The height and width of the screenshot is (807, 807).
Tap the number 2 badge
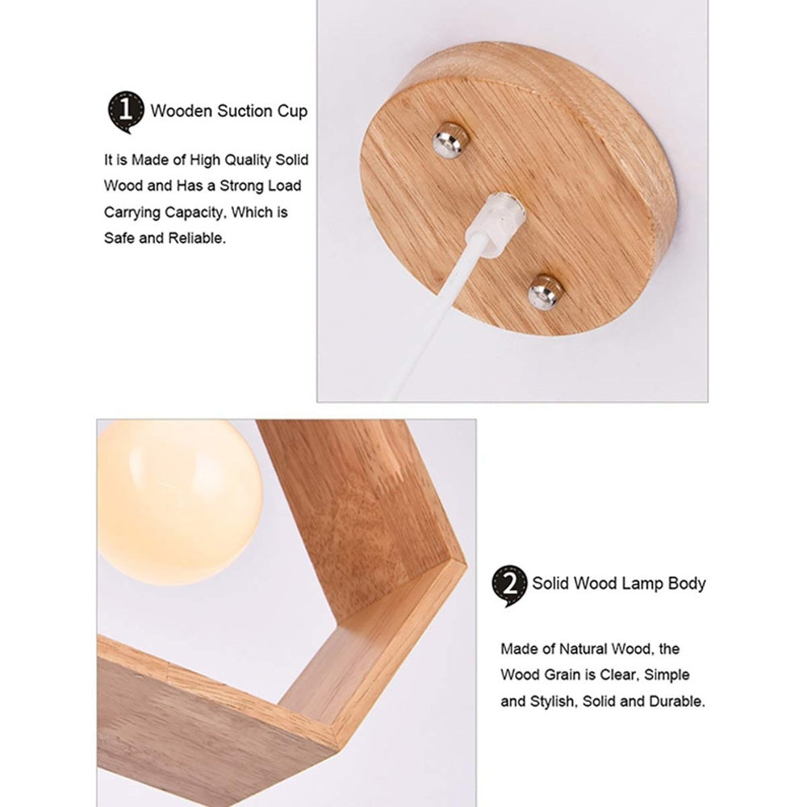coord(509,584)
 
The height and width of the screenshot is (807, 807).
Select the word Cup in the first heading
coord(292,111)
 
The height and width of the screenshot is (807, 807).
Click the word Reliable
coord(197,238)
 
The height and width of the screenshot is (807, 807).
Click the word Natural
coord(585,649)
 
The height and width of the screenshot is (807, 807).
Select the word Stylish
coord(554,700)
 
